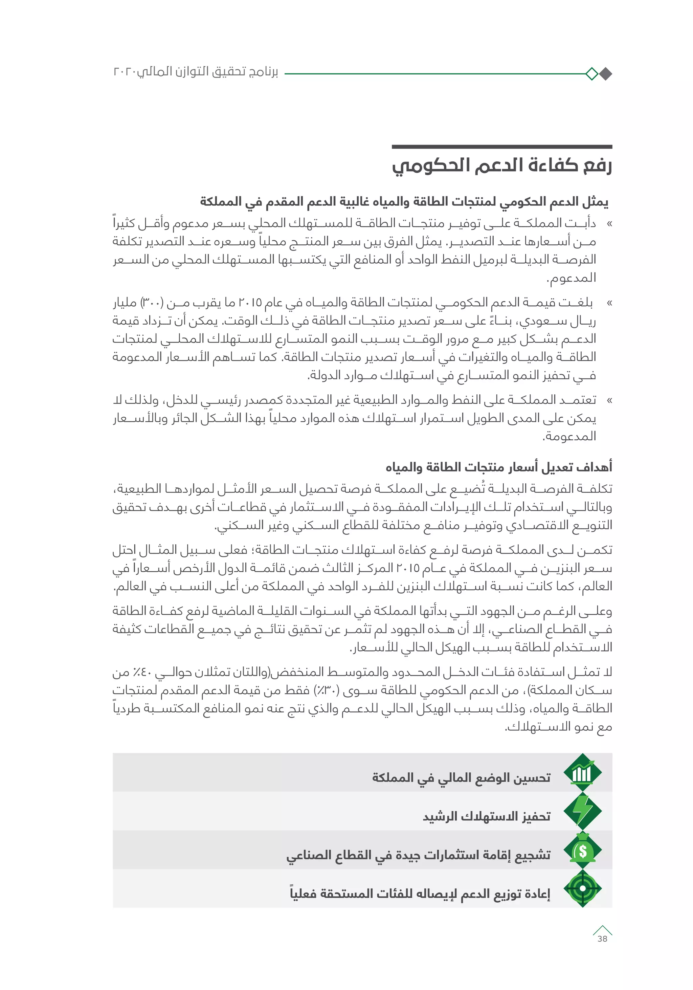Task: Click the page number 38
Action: point(602,939)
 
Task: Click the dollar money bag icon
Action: point(583,850)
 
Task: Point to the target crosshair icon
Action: point(583,888)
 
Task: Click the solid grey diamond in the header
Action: point(605,74)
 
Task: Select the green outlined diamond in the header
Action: point(592,74)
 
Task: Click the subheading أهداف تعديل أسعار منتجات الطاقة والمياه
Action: point(499,467)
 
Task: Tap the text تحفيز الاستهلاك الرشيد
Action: point(487,816)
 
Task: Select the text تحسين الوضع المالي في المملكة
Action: point(461,777)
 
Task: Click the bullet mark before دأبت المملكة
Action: point(609,224)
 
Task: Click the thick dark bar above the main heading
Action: point(502,147)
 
